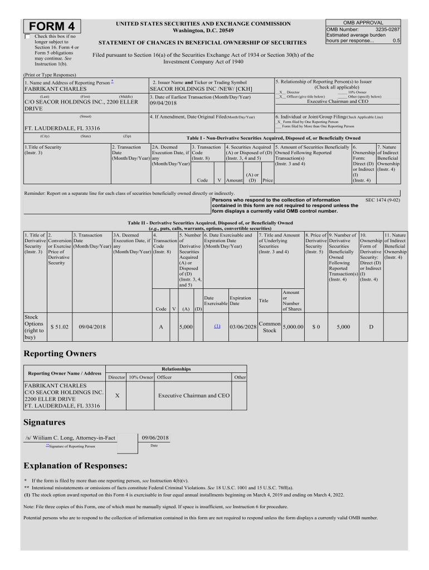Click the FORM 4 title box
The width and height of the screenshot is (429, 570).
click(x=51, y=27)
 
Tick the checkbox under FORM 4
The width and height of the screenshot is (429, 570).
click(x=28, y=36)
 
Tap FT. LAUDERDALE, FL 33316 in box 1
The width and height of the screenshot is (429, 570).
click(x=62, y=127)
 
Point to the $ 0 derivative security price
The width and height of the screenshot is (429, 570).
click(x=316, y=327)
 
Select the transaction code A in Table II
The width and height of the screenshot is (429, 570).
click(x=161, y=327)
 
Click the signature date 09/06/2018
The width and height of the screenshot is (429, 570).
click(x=155, y=438)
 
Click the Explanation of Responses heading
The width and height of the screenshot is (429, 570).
click(x=76, y=465)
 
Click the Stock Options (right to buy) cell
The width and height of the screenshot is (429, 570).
click(x=34, y=327)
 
